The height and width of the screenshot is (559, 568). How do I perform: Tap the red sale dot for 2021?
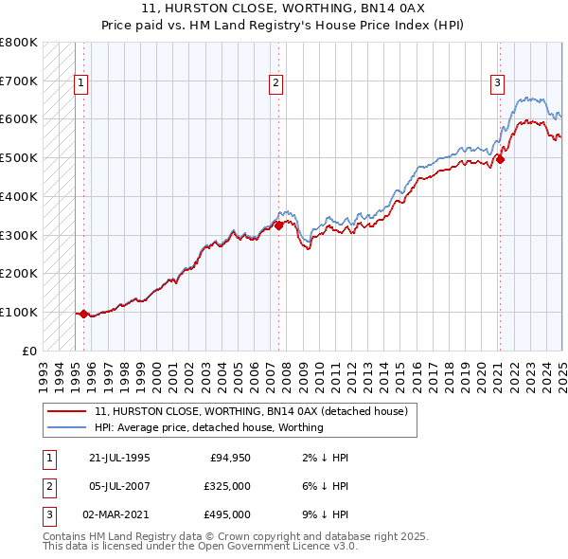pos(500,159)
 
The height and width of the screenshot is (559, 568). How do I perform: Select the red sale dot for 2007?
pos(279,225)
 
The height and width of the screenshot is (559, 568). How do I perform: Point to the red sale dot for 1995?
pos(83,314)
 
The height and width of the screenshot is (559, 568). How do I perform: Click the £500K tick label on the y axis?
pos(19,158)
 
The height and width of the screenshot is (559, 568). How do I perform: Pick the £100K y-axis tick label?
pos(19,312)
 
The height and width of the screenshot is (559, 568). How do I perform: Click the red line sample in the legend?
pos(68,412)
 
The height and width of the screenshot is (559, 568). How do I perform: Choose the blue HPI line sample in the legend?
pos(68,427)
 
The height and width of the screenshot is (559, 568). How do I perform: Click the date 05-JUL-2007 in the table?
pos(119,486)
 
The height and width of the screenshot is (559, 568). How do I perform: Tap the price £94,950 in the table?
pos(229,458)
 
